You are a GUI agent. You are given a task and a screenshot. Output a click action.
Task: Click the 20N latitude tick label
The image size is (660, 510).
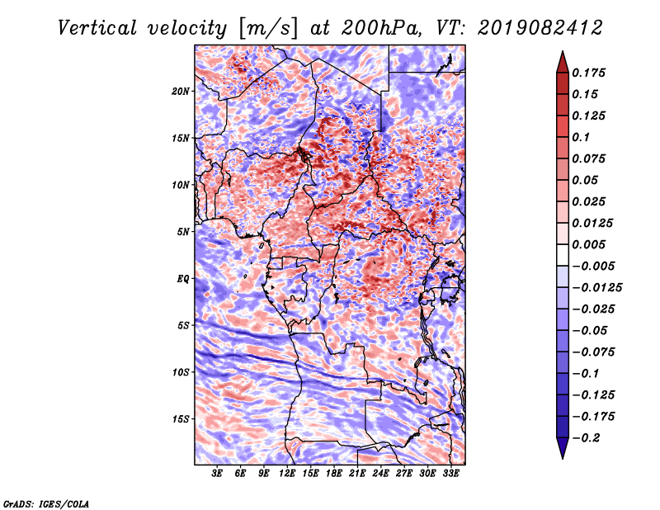click(181, 92)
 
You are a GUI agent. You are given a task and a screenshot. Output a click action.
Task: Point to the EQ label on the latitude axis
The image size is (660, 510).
click(182, 279)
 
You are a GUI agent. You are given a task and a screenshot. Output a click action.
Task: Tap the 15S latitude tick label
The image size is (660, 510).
click(181, 419)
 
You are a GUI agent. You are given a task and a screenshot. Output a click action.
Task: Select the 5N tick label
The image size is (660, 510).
click(183, 232)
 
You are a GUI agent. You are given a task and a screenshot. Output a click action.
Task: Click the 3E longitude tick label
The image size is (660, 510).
click(217, 474)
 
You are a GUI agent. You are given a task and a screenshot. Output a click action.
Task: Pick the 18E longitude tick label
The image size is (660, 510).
click(334, 474)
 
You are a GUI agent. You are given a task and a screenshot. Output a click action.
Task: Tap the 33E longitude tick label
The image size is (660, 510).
click(450, 474)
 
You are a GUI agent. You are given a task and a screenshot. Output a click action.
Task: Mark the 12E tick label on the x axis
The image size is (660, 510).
click(287, 474)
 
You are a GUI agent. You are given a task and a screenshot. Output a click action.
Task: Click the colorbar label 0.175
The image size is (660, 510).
click(588, 73)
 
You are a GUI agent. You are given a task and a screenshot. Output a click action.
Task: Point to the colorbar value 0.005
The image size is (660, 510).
click(588, 244)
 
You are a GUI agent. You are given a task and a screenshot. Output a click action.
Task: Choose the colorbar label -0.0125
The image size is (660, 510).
click(596, 288)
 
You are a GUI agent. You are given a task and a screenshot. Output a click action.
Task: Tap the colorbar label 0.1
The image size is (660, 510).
click(581, 137)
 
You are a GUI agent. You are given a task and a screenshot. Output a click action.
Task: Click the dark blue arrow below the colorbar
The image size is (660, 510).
click(563, 448)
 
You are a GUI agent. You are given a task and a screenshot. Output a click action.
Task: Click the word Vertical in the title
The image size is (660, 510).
click(97, 28)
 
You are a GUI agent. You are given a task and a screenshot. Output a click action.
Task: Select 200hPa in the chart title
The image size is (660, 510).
click(381, 28)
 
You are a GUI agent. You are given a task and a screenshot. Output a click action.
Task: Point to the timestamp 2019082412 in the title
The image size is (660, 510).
click(540, 28)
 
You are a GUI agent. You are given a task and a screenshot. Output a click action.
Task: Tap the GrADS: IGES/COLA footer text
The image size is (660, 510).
click(46, 503)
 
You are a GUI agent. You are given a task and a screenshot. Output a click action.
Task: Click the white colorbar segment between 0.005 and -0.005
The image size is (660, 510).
click(563, 255)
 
